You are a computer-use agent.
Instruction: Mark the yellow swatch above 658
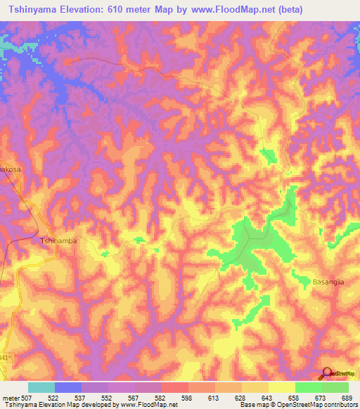(x=281, y=387)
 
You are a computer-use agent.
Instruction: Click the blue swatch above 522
(x=67, y=387)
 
